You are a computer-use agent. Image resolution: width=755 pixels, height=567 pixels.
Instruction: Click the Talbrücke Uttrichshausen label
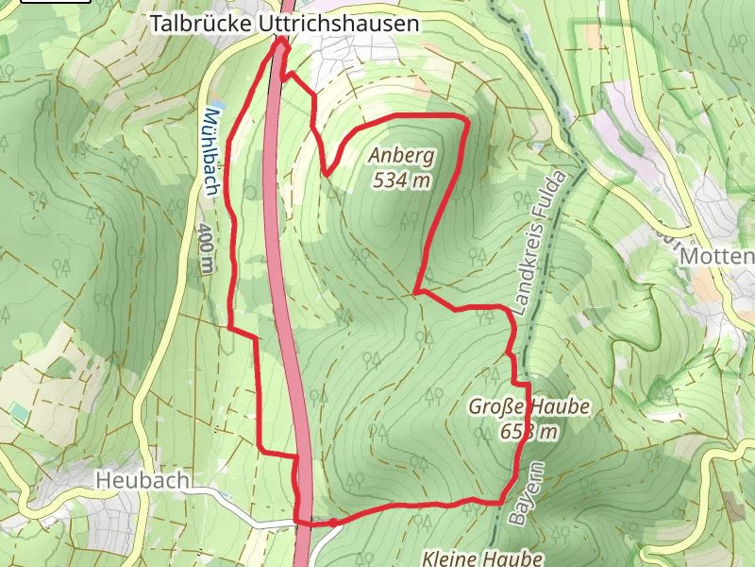coord(284,25)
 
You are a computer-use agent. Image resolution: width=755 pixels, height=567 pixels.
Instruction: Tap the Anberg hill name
coord(402,156)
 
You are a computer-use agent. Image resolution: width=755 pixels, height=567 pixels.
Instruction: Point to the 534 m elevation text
coord(402,180)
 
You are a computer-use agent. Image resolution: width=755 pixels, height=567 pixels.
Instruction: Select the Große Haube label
coord(529,407)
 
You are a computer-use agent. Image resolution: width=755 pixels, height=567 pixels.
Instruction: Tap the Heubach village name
coord(143,481)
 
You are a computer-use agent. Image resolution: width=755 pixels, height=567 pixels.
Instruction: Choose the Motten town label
coord(716,257)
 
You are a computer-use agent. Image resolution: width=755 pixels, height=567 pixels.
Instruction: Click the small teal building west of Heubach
coord(19,411)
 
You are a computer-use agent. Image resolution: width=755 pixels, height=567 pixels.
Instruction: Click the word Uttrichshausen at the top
coord(338,25)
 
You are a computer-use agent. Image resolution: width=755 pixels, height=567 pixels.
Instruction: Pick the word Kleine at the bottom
coord(448,558)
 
